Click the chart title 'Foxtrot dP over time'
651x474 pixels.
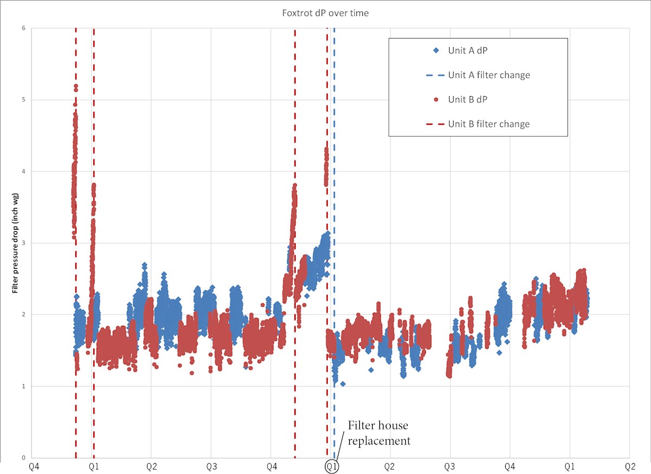coord(325,13)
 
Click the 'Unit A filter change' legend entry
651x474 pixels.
coord(489,75)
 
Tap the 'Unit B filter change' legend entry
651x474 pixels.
coord(489,124)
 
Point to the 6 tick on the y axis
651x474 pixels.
coord(23,28)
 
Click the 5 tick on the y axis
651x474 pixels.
coord(23,100)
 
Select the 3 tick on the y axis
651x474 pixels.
coord(23,243)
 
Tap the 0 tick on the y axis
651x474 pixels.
coord(23,457)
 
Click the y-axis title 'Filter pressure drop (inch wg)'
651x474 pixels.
coord(16,243)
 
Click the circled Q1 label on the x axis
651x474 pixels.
coord(331,466)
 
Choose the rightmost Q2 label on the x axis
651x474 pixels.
coord(629,466)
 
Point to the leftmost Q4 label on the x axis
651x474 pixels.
coord(33,466)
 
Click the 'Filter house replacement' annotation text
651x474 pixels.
coord(379,433)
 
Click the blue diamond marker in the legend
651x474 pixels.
coord(436,50)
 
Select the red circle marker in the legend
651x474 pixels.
coord(436,99)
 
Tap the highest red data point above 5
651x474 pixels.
coord(76,86)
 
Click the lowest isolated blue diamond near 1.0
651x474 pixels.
coord(343,384)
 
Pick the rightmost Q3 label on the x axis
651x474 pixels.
coord(449,466)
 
